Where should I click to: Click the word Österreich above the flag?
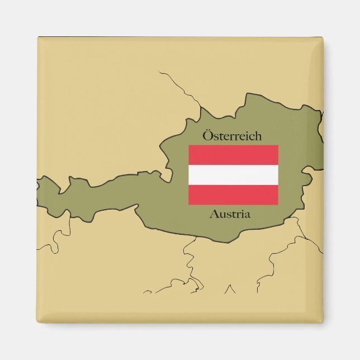pyautogui.click(x=232, y=135)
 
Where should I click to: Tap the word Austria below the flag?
pyautogui.click(x=230, y=214)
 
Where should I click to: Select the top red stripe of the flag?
pyautogui.click(x=233, y=155)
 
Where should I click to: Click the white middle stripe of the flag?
pyautogui.click(x=233, y=175)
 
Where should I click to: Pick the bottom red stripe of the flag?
pyautogui.click(x=233, y=195)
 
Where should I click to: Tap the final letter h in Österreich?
pyautogui.click(x=258, y=135)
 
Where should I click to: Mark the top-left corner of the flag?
pyautogui.click(x=189, y=145)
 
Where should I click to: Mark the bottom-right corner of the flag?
pyautogui.click(x=278, y=205)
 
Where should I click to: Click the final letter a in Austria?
pyautogui.click(x=247, y=215)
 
